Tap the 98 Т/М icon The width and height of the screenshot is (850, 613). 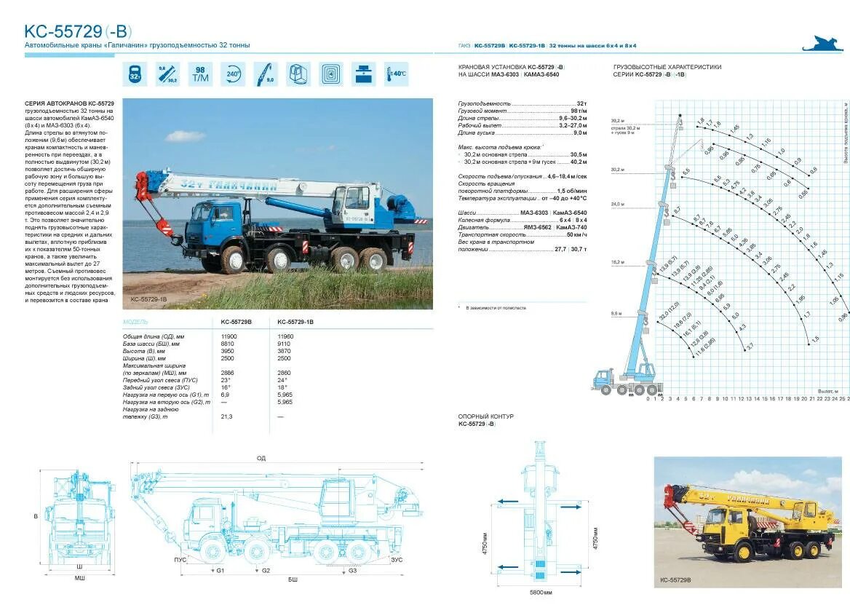[x=200, y=74]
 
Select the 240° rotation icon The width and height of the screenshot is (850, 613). [x=233, y=74]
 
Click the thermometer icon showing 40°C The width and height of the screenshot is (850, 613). [x=396, y=74]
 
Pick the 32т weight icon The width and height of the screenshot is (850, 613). [x=135, y=74]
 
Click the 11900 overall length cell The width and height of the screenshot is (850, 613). [x=229, y=336]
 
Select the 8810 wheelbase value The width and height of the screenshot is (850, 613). [x=228, y=344]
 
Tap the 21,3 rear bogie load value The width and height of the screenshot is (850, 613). [x=226, y=416]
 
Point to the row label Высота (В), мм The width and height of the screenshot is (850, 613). [x=145, y=351]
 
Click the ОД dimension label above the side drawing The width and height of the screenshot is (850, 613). [x=261, y=459]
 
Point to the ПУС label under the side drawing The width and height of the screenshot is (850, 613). [x=180, y=560]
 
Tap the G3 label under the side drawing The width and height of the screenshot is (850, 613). [x=352, y=571]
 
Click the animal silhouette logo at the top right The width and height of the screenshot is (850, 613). [x=822, y=44]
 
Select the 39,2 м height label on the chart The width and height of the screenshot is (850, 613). [x=617, y=120]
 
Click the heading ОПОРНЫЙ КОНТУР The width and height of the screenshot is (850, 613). [x=486, y=416]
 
